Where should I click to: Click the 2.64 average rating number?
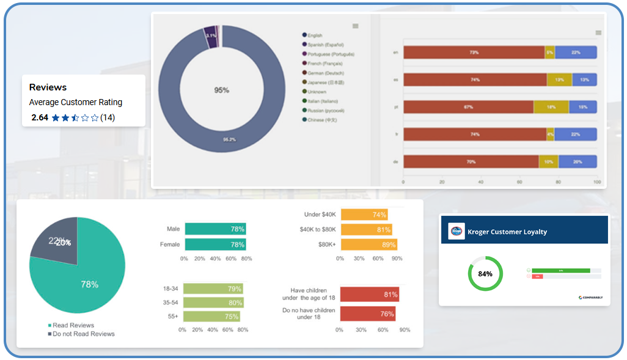pyautogui.click(x=39, y=117)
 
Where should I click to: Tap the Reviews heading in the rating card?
pyautogui.click(x=48, y=87)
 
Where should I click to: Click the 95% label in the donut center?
pyautogui.click(x=221, y=90)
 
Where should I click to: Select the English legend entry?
pyautogui.click(x=315, y=35)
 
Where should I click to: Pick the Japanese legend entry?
pyautogui.click(x=326, y=82)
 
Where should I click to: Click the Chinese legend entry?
pyautogui.click(x=322, y=120)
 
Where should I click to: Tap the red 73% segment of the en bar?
pyautogui.click(x=474, y=53)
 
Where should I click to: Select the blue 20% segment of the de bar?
pyautogui.click(x=577, y=162)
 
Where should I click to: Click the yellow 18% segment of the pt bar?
pyautogui.click(x=551, y=107)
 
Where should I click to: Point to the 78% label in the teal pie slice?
pyautogui.click(x=90, y=284)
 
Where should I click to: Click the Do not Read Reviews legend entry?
pyautogui.click(x=83, y=334)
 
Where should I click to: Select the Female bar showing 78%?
pyautogui.click(x=215, y=244)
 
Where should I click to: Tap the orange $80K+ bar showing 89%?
pyautogui.click(x=369, y=244)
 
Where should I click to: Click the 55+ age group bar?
pyautogui.click(x=211, y=316)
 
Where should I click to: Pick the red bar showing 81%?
pyautogui.click(x=369, y=295)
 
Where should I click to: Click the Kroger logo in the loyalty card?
pyautogui.click(x=457, y=232)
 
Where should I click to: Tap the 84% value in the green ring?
pyautogui.click(x=485, y=274)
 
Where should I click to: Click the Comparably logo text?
pyautogui.click(x=592, y=298)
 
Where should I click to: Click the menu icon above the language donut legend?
pyautogui.click(x=356, y=26)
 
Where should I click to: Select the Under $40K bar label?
pyautogui.click(x=320, y=215)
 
